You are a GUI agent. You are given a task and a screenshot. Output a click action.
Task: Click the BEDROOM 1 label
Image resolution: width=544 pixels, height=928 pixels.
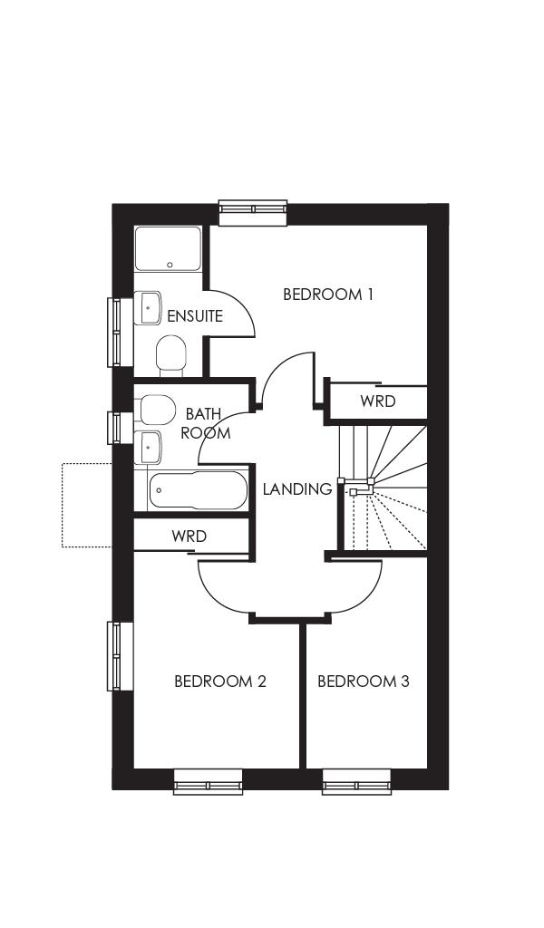point(328,295)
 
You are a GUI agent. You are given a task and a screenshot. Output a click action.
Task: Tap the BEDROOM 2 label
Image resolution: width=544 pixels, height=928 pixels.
point(219,681)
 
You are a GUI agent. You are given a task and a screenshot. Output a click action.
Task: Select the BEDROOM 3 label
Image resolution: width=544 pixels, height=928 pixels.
point(363,681)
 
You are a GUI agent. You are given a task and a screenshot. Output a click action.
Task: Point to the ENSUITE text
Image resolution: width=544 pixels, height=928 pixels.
point(194,316)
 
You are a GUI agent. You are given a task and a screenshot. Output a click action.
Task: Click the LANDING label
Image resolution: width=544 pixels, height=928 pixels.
point(296,489)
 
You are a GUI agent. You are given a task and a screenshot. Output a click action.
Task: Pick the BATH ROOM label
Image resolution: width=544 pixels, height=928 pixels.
point(204,423)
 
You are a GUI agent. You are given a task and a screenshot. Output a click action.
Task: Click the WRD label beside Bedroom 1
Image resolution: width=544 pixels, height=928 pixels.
point(377,401)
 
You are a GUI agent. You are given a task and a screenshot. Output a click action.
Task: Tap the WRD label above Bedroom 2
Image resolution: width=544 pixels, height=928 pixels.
point(189,536)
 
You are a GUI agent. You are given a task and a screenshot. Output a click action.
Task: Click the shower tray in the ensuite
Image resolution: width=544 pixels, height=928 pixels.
point(168,248)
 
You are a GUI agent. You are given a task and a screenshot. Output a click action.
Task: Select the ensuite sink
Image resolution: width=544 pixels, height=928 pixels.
point(148,308)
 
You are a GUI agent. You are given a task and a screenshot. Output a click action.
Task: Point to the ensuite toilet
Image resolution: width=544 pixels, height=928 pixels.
point(170,355)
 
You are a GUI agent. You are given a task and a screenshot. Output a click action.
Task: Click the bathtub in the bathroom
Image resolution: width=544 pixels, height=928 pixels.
point(196,490)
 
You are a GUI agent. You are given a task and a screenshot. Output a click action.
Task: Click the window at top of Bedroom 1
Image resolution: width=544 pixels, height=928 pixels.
point(253,211)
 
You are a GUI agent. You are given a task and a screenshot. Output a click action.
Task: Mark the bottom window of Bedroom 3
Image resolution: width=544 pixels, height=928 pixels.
point(357,781)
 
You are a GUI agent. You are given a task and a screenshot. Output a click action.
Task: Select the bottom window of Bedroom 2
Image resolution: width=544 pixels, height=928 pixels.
point(208,781)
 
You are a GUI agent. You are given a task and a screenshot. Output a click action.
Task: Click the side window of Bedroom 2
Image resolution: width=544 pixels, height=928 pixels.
point(115,656)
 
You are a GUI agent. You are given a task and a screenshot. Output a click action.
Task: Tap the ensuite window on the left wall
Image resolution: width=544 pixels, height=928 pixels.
point(115,332)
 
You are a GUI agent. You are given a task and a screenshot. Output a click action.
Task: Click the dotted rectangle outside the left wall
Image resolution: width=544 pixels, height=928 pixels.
point(86,505)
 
